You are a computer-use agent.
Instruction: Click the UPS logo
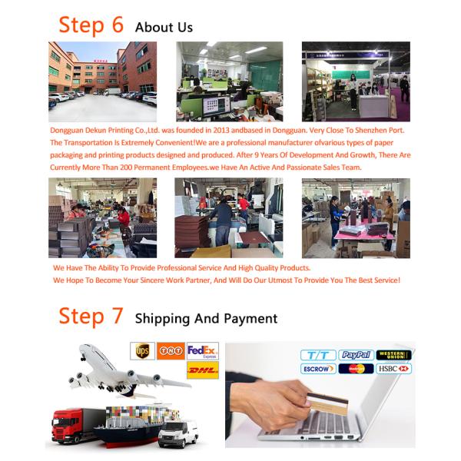click(143, 351)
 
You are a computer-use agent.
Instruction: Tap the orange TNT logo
click(171, 351)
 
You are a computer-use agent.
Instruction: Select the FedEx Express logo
click(203, 351)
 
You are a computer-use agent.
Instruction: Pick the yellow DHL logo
click(203, 370)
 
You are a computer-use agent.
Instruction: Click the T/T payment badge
click(318, 355)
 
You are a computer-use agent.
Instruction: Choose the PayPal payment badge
click(356, 355)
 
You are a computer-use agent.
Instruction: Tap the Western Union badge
click(393, 355)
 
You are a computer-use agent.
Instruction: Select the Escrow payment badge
click(318, 369)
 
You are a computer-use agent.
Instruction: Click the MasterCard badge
click(356, 369)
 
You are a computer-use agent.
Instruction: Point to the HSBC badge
click(393, 369)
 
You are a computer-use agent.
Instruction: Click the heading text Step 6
click(91, 25)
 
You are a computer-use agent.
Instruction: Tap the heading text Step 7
click(91, 316)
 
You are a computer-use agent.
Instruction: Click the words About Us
click(164, 28)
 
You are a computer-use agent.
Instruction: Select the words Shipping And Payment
click(206, 319)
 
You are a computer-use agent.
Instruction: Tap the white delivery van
click(178, 433)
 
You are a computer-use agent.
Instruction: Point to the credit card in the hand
click(327, 402)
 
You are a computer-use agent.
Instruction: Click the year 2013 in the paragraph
click(221, 131)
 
